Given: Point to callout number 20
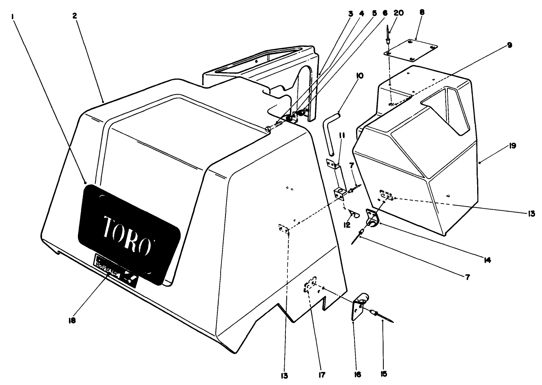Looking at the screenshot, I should coord(398,13).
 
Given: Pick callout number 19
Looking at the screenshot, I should coord(512,146).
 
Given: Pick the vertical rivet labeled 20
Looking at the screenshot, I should coord(388,37).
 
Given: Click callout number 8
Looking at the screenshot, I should coord(421,13).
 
